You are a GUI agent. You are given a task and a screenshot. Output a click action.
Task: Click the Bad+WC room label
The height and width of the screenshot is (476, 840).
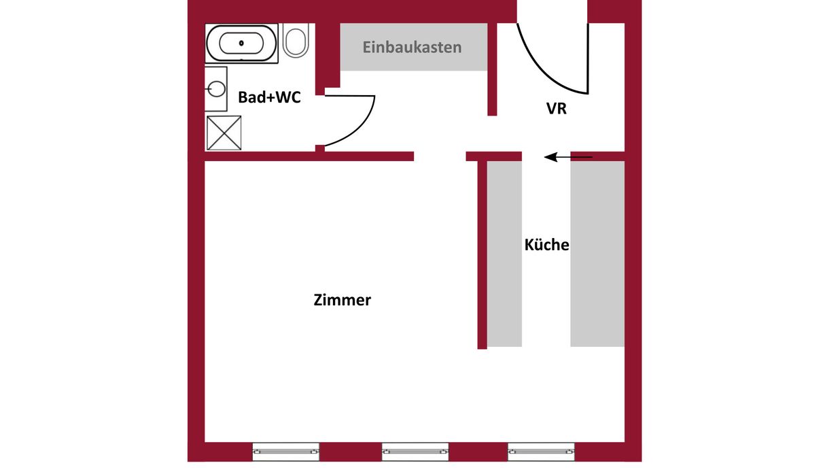click(x=269, y=97)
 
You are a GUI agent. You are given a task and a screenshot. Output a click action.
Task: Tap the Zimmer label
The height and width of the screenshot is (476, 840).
click(x=342, y=300)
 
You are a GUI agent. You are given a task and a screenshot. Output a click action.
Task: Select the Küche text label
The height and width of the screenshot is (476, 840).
click(x=546, y=245)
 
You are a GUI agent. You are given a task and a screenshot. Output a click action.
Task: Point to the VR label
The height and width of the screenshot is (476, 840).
click(x=556, y=108)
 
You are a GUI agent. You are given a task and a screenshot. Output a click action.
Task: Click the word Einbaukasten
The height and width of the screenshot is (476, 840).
click(x=412, y=48)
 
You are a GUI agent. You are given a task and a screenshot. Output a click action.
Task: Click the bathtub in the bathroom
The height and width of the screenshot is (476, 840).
click(x=241, y=44)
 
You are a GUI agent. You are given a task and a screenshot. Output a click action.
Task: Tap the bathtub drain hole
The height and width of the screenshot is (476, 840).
click(x=241, y=43)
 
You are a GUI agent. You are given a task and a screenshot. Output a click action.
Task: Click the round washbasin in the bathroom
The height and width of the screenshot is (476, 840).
click(x=216, y=89)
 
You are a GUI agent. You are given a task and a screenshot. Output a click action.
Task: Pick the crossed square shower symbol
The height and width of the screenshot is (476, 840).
click(x=224, y=133)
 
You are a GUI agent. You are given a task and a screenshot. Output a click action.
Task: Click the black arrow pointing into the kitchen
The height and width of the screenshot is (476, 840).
click(x=568, y=157)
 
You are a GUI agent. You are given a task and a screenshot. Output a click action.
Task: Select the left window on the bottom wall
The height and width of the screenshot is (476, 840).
click(x=285, y=452)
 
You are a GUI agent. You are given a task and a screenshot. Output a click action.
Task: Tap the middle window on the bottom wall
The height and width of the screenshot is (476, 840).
click(x=415, y=452)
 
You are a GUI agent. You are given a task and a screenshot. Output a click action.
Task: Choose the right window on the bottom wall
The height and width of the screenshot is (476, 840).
click(x=541, y=452)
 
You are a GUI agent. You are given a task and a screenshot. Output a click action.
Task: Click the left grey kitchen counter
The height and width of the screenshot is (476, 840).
click(x=504, y=254)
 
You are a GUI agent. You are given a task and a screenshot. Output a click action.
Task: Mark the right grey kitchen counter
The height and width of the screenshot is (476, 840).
click(x=597, y=254)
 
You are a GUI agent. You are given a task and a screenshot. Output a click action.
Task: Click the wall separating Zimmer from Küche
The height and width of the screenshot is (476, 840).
click(x=483, y=255)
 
